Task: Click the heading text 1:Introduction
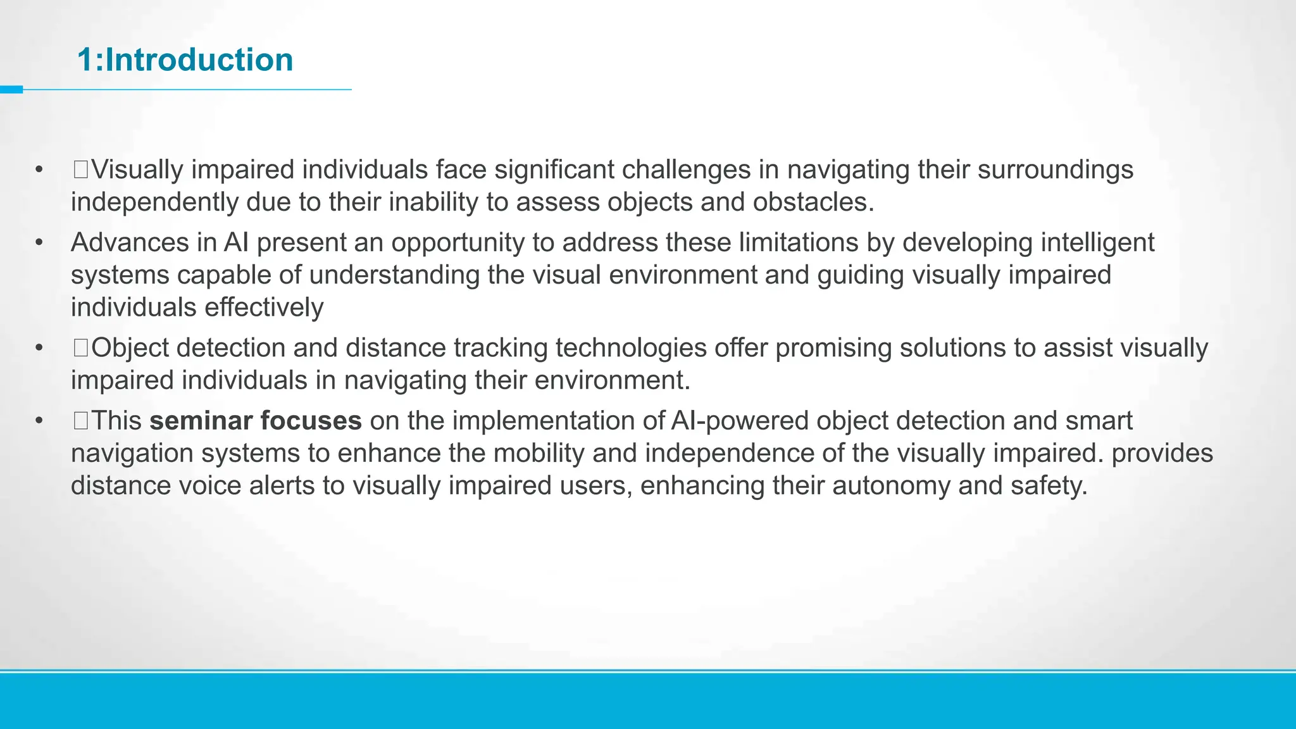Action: point(185,60)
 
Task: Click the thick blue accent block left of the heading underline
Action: point(11,90)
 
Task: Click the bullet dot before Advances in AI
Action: point(39,242)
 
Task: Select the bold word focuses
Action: point(311,421)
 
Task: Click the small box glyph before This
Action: point(80,420)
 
